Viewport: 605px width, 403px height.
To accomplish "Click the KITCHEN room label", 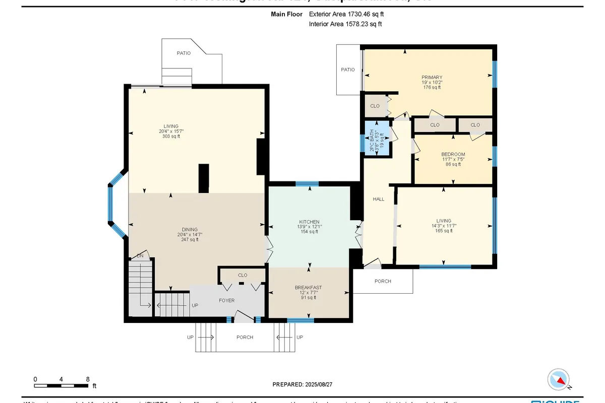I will pos(309,222).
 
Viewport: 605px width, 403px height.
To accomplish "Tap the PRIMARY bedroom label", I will pos(432,78).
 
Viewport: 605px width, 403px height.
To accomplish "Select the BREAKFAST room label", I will pos(308,288).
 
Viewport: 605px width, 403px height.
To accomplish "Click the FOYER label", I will pos(226,300).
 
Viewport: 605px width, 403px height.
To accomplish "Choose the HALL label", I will pos(378,199).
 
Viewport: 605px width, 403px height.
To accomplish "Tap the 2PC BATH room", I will pos(377,138).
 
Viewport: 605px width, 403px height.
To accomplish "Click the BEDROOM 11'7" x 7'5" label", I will pos(453,154).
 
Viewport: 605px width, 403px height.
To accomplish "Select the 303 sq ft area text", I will pos(171,137).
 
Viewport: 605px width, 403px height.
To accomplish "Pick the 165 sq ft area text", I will pos(444,232).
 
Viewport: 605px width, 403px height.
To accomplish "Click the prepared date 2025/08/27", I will pos(302,384).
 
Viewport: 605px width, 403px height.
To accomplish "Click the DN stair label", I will pos(141,256).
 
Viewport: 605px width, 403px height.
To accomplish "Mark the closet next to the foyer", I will pos(243,275).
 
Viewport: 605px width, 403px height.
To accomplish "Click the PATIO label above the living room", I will pos(184,53).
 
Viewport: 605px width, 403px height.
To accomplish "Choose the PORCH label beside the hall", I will pos(383,281).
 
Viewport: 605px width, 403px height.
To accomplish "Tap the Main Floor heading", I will pos(287,15).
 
